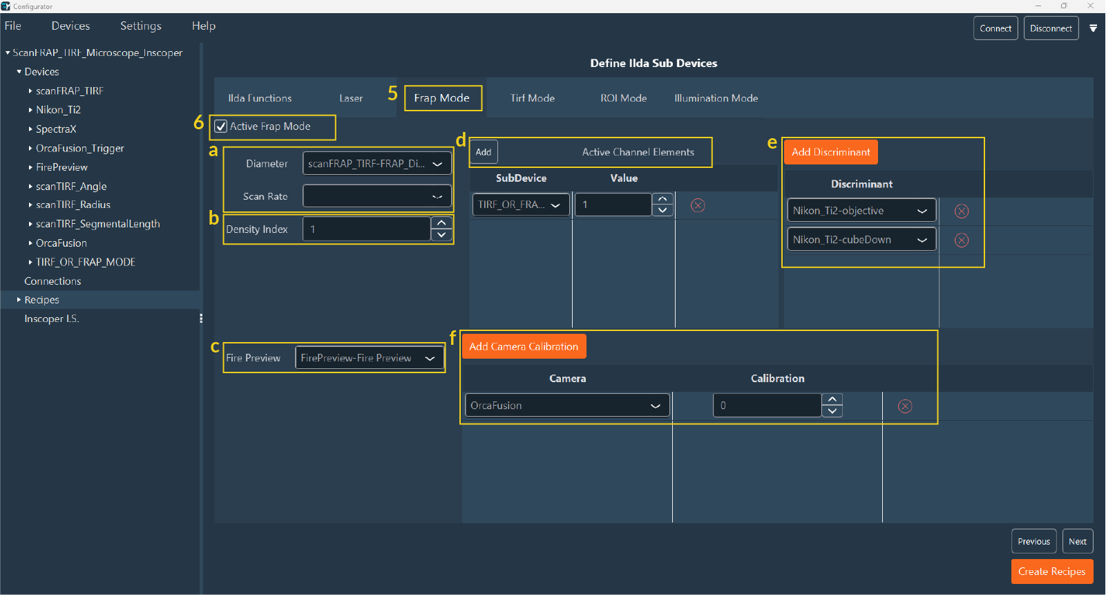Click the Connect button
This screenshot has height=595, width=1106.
[x=995, y=28]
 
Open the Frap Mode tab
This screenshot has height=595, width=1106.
[x=441, y=98]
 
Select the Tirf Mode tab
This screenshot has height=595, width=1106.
[x=532, y=98]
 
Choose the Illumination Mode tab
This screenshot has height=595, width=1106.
[x=716, y=98]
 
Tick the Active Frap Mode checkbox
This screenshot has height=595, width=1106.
[x=221, y=126]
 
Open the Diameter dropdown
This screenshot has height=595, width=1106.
[x=376, y=164]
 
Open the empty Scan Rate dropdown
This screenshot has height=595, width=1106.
[x=376, y=196]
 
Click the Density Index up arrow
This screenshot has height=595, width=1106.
[x=441, y=223]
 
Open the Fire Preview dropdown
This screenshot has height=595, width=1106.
[x=369, y=358]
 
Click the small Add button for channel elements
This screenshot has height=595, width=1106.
[x=484, y=152]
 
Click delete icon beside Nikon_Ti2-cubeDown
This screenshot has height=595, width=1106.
[x=961, y=240]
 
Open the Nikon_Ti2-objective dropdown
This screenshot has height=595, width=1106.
[x=861, y=211]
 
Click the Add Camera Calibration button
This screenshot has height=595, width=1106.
[x=523, y=346]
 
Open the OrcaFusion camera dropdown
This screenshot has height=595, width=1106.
[x=566, y=406]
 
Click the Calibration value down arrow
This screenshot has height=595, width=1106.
[x=832, y=411]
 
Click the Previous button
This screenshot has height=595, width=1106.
[x=1033, y=541]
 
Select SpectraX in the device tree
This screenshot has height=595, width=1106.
[x=56, y=129]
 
